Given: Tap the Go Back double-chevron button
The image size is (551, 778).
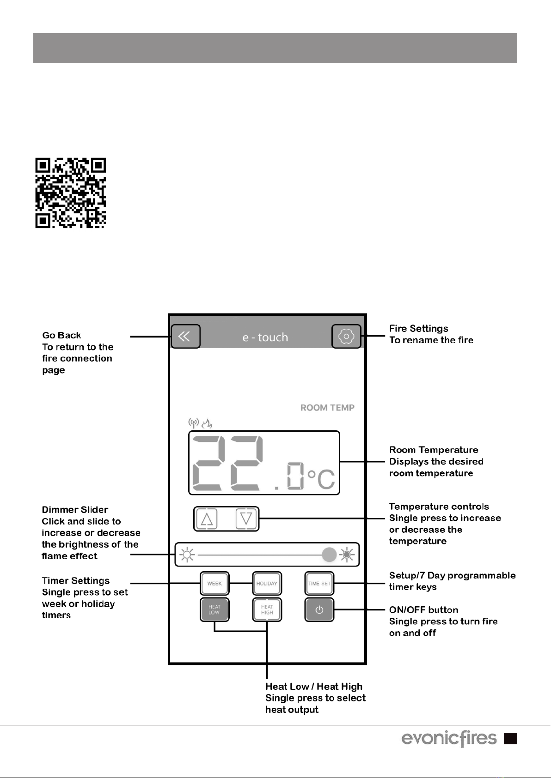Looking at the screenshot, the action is pos(185,336).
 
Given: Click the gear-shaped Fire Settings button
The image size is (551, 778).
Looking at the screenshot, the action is pos(346,336).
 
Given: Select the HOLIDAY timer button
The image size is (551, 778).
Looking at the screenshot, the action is pos(267,584).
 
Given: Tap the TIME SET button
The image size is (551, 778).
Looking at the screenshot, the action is pos(319,584).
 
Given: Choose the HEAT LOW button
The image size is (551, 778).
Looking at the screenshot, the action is pos(214,609).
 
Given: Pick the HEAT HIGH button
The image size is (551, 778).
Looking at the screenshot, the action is pos(267,609).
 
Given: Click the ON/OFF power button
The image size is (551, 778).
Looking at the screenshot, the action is pos(319,609).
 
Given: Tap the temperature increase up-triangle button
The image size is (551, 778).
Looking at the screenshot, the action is pos(207,519).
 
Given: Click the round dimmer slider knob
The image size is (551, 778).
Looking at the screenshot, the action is pos(329,555).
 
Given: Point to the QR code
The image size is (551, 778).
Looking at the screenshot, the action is pos(71,193).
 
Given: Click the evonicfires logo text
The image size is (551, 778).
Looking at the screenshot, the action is pos(449,738).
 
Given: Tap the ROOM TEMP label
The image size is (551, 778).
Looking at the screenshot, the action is pos(327,408).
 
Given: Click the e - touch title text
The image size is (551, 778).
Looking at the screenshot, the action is pos(265,337).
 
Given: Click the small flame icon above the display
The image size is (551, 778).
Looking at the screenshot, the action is pos(207,423).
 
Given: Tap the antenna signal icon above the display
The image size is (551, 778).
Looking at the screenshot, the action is pos(194,423).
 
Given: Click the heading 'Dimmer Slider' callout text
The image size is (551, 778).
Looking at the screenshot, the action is pos(75,510).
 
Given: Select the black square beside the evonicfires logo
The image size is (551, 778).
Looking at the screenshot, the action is pos(510,738).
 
